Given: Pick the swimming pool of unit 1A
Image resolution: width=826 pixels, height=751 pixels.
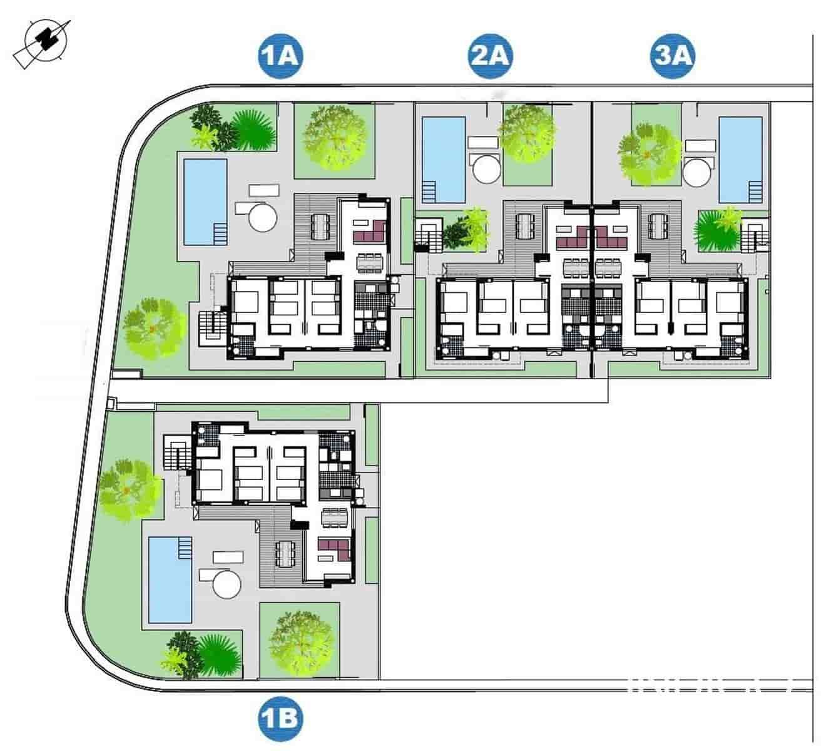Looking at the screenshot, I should point(205,201).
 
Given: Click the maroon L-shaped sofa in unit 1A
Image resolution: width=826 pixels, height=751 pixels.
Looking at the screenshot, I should point(369,232).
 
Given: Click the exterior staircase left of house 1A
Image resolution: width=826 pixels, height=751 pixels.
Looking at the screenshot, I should point(211,326).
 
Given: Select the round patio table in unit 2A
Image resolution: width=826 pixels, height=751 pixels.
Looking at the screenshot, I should point(486,169).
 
